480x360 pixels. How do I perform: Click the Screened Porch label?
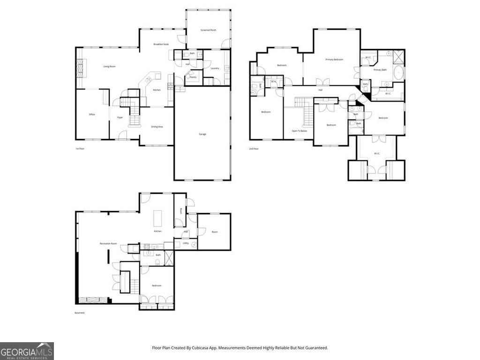(x=208, y=30)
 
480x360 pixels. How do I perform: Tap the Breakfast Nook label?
(x=161, y=44)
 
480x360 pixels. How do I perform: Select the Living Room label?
(x=109, y=67)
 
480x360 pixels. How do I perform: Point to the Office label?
(x=92, y=114)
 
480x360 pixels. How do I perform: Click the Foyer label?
(x=120, y=117)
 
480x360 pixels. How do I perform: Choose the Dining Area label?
(x=157, y=127)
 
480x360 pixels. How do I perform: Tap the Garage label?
(x=202, y=134)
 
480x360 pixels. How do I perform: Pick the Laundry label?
(x=215, y=68)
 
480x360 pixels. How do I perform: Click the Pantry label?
(x=193, y=77)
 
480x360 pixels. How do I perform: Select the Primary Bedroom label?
(x=335, y=60)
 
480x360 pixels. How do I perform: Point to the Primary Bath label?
(x=380, y=70)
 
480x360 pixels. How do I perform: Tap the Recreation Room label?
(x=108, y=244)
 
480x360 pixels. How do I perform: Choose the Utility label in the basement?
(x=186, y=243)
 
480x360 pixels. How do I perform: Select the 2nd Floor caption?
(x=254, y=149)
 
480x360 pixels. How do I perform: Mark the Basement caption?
(x=80, y=313)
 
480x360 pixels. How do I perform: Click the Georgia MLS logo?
(x=27, y=351)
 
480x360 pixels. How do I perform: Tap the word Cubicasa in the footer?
(x=200, y=348)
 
